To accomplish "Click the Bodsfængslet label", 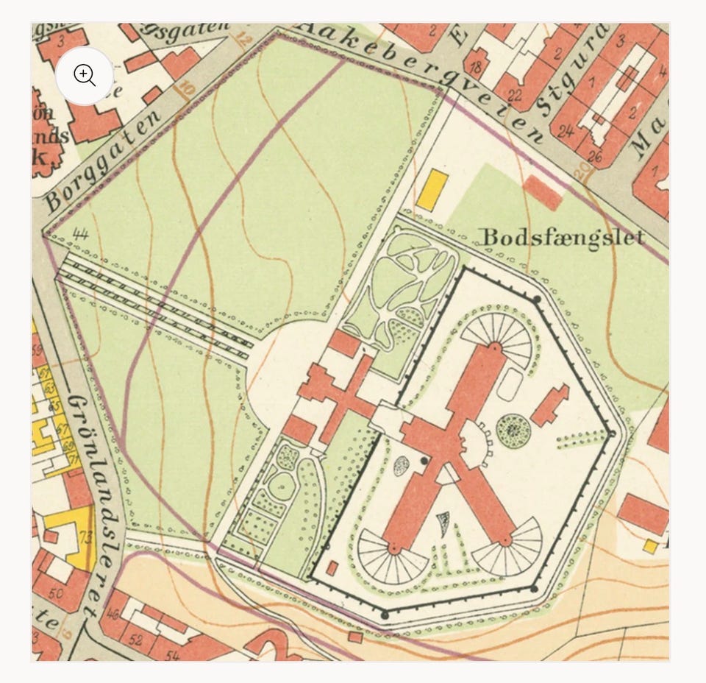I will coord(563,237).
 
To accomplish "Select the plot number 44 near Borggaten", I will coord(81,235).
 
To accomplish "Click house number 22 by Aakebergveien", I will coord(514,95).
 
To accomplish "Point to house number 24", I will coord(565,132).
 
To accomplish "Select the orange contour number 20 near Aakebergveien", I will coord(582,171).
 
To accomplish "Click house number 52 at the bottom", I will coord(135,640).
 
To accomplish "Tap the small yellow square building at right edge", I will coord(650,545).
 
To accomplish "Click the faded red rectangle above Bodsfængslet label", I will coord(543,191).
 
